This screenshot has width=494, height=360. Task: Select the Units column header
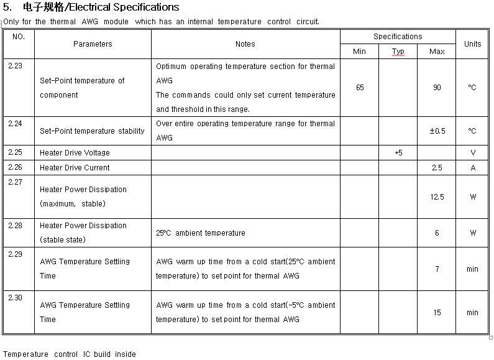coord(472,44)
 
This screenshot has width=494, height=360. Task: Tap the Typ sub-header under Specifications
coord(398,52)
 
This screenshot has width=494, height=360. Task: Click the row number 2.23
coord(16,66)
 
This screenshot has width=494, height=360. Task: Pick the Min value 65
coord(360,88)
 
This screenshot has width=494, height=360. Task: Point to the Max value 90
coord(437,88)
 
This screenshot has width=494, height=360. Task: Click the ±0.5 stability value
coord(437,131)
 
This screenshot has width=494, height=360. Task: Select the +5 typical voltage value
coord(398,153)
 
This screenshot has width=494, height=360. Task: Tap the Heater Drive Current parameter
coord(75,168)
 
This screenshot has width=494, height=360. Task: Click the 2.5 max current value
coord(437,168)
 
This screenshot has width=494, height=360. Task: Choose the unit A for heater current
coord(473,168)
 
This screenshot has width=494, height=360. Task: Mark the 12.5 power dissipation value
coord(437,197)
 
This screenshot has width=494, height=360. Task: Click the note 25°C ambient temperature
coord(200,233)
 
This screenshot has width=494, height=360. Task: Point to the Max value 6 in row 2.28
coord(437,233)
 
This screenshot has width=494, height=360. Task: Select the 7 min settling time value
coord(437,269)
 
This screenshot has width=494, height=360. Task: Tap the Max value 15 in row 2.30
coord(437,313)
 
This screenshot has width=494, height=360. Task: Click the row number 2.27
coord(16,182)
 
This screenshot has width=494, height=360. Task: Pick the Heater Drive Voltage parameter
coord(75,153)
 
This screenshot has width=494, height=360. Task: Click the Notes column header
coord(245,44)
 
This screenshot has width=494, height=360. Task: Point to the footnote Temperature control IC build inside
coord(69,354)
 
